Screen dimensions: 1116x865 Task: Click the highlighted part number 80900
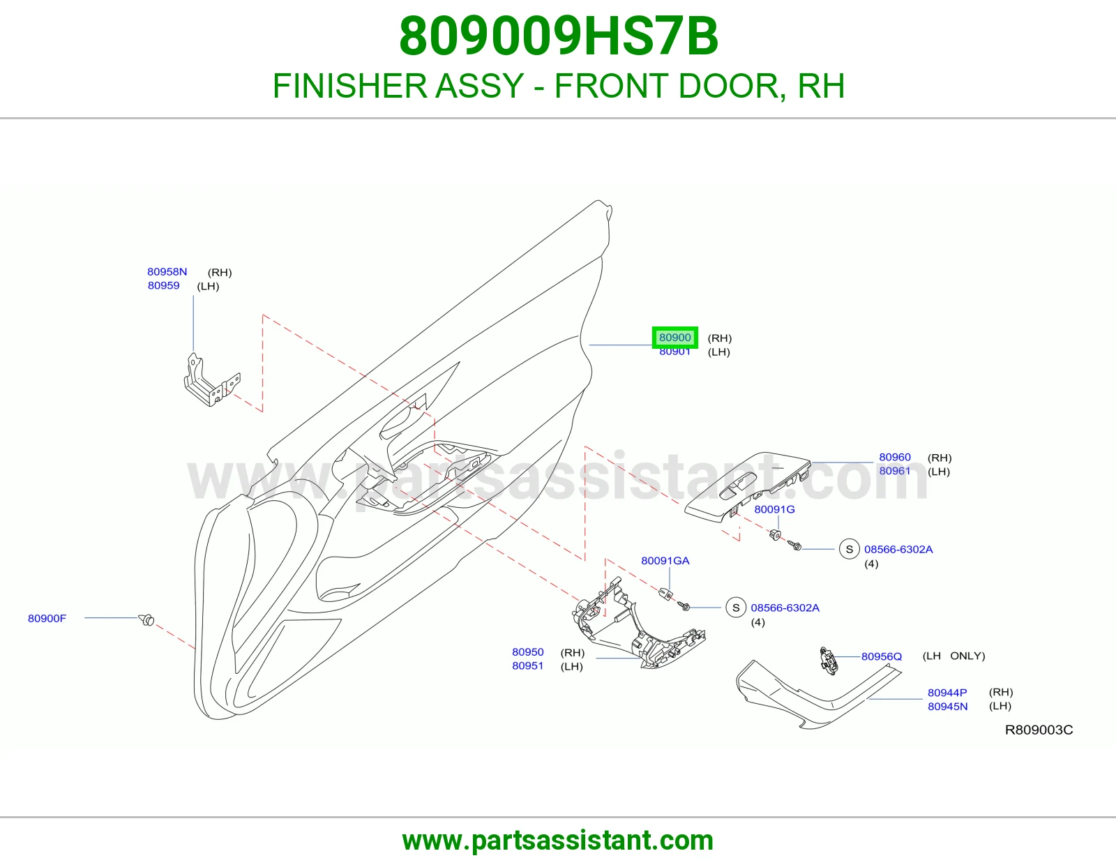[675, 338]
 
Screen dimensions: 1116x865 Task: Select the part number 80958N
[167, 272]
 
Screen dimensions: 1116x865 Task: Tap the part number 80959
[163, 285]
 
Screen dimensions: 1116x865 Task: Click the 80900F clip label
[47, 619]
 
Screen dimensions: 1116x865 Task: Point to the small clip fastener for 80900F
[147, 620]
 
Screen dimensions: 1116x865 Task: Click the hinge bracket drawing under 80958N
[211, 379]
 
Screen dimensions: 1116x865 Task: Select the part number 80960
[895, 457]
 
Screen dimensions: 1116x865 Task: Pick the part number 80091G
[774, 509]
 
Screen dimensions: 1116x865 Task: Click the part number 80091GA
[665, 561]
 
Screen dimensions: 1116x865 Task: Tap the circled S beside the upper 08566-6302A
[850, 549]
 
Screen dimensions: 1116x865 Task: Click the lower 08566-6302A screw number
[785, 608]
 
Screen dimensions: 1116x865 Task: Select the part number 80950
[527, 652]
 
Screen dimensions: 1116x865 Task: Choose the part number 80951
[527, 666]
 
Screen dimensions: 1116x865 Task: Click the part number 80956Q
[882, 657]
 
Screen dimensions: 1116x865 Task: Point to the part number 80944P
[947, 693]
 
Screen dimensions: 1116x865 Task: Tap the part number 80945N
[947, 707]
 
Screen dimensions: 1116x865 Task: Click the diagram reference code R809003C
[1039, 730]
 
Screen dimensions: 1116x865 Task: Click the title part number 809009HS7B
[558, 36]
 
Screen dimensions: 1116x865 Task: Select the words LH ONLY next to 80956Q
[953, 656]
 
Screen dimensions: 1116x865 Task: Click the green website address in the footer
[558, 841]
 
